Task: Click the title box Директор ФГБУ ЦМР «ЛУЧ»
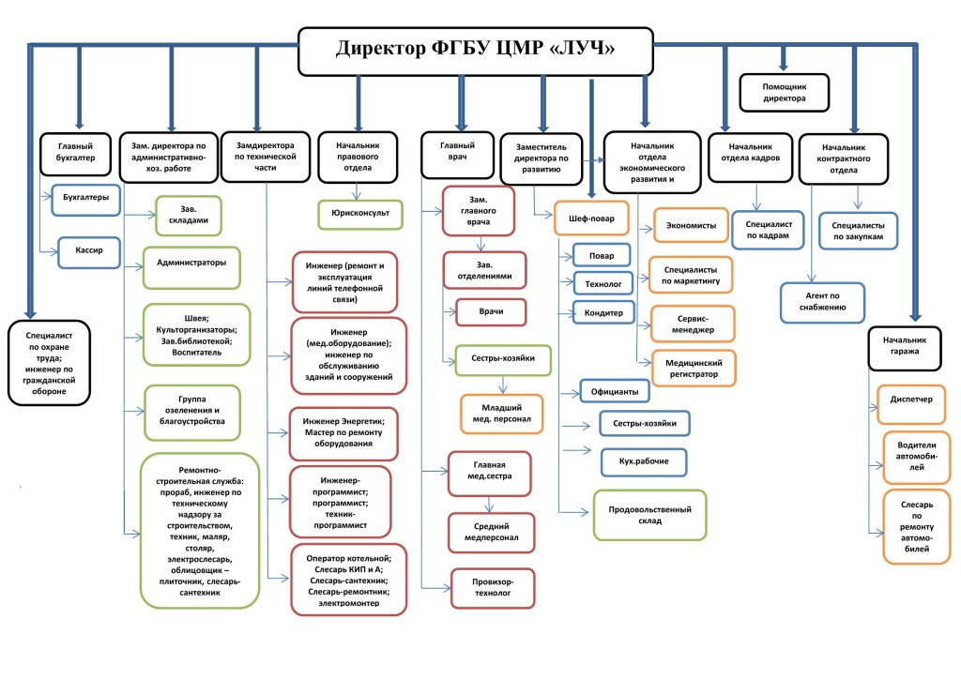pyautogui.click(x=476, y=50)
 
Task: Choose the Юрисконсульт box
pyautogui.click(x=359, y=214)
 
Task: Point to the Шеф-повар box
pyautogui.click(x=592, y=218)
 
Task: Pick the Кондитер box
pyautogui.click(x=603, y=311)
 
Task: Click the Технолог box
pyautogui.click(x=603, y=282)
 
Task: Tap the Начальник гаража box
pyautogui.click(x=904, y=346)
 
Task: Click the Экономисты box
pyautogui.click(x=692, y=226)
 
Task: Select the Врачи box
pyautogui.click(x=491, y=311)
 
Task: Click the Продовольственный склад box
pyautogui.click(x=649, y=515)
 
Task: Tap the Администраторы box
pyautogui.click(x=191, y=263)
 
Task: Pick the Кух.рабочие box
pyautogui.click(x=644, y=462)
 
